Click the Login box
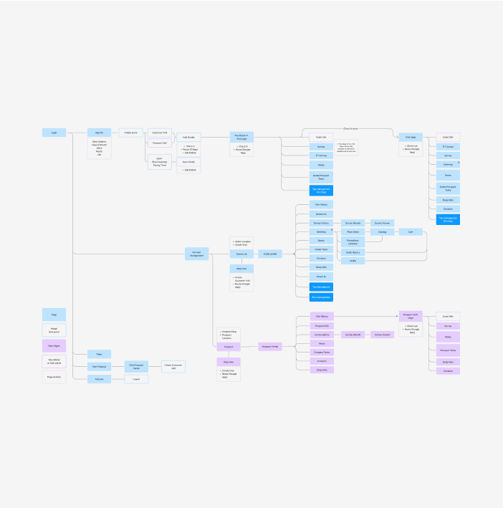coord(54,133)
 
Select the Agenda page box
coord(100,133)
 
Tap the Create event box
coord(131,133)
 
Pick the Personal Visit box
coord(160,143)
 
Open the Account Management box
coord(197,254)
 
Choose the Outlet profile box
coord(271,254)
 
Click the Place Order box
coord(353,232)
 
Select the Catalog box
coord(382,232)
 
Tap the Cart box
coord(411,232)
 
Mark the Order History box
coord(353,253)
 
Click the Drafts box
coord(353,261)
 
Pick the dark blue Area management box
coord(321,297)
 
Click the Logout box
coord(136,379)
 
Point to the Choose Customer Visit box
coord(173,366)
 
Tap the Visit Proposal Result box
coord(136,366)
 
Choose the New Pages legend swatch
coord(54,345)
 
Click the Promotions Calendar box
coord(353,242)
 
